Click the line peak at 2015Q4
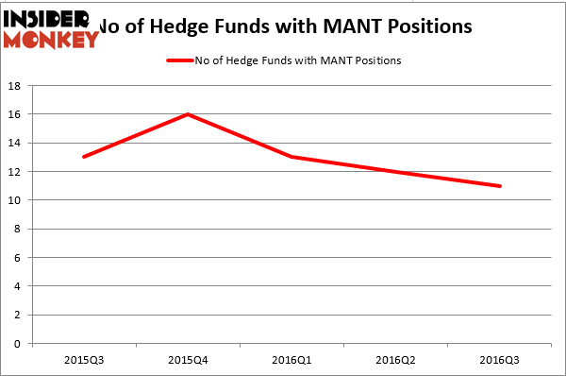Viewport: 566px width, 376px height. coord(189,114)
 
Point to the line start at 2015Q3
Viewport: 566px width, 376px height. coord(84,157)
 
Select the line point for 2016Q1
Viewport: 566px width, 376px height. coord(292,157)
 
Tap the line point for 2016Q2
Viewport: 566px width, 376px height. coord(396,172)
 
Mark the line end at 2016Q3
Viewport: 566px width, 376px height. coord(500,186)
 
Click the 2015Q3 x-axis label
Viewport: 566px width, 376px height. coord(84,361)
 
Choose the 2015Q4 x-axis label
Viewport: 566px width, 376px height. coord(189,361)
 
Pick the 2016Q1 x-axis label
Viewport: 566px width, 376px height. coord(292,361)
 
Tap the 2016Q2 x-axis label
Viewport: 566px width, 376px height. coord(396,361)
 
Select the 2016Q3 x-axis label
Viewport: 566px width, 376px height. coord(500,361)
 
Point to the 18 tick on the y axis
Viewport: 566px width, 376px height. coord(16,86)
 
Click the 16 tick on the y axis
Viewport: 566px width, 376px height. coord(16,114)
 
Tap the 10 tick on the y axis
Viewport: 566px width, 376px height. coord(16,200)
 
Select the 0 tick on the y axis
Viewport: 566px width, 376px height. coord(19,344)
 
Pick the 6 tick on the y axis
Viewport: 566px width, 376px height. coord(19,258)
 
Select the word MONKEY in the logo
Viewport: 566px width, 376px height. coord(51,40)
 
